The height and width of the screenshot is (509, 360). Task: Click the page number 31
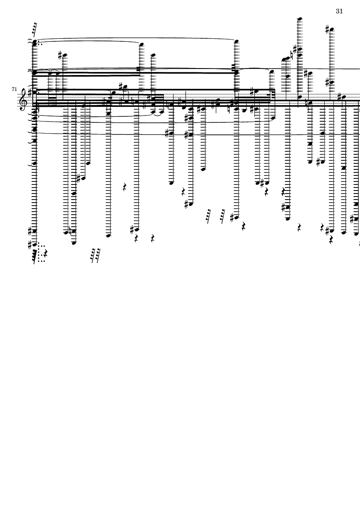pyautogui.click(x=339, y=11)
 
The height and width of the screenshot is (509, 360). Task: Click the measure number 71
pyautogui.click(x=14, y=89)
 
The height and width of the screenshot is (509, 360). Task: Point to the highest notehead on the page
pyautogui.click(x=300, y=19)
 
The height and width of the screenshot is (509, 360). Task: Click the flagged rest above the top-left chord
pyautogui.click(x=34, y=29)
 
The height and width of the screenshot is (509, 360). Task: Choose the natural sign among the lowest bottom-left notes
pyautogui.click(x=70, y=232)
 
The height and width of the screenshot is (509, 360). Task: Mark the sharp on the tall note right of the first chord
pyautogui.click(x=61, y=55)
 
